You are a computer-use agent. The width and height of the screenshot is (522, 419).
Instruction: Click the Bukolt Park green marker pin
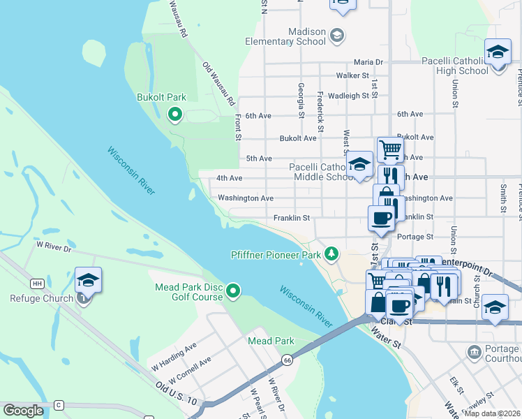(175, 114)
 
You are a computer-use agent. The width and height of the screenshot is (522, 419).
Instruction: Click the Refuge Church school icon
(89, 281)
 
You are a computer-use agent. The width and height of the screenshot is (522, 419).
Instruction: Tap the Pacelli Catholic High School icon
(498, 53)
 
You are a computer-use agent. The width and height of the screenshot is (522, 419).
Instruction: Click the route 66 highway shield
(288, 360)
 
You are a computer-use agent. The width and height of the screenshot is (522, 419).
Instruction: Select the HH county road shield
(37, 284)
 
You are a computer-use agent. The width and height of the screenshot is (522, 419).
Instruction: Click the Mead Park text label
(271, 341)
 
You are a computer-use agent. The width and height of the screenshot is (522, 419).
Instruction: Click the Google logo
(23, 411)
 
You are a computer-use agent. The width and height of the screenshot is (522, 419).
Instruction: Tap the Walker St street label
(352, 75)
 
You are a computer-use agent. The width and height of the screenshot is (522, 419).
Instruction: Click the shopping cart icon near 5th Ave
(390, 149)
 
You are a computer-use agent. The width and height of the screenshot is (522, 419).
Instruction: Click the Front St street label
(238, 128)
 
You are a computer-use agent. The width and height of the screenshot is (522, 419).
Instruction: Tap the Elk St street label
(457, 384)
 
